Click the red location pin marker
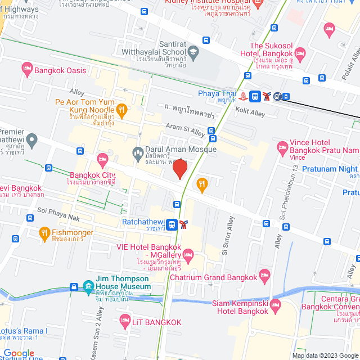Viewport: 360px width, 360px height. pos(179,169)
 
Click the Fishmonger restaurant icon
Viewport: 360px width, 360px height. pos(44,233)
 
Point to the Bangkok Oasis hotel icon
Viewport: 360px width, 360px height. pos(26,70)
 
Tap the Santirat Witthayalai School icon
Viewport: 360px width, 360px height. pos(193,52)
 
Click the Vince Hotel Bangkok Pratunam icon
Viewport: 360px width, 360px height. pos(282,148)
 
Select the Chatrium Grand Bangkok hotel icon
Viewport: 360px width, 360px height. pos(264,276)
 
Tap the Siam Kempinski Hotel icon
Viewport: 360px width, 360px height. pos(275,306)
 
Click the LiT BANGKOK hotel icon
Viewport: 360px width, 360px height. pos(126,322)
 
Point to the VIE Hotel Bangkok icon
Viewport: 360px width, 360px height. pos(188,258)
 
